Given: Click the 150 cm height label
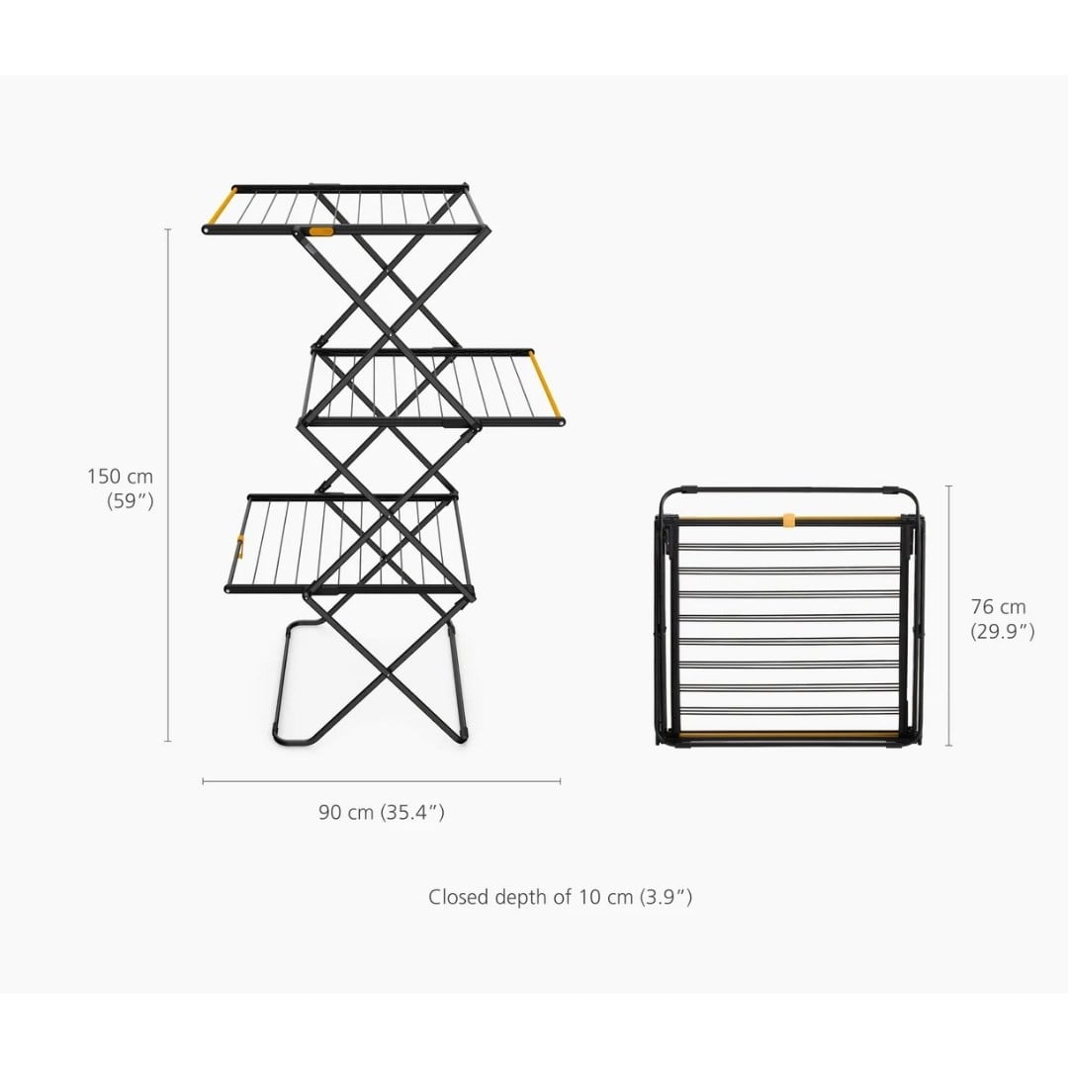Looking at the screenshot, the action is [120, 476].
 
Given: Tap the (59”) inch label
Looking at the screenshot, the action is [131, 500].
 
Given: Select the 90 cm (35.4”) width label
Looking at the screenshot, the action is [382, 812].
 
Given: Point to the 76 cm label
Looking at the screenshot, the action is [998, 606].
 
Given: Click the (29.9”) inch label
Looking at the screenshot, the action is [1002, 631].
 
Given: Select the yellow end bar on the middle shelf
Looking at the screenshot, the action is [545, 385].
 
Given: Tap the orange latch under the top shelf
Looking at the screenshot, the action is [320, 231].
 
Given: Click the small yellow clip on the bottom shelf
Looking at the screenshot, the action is [239, 546].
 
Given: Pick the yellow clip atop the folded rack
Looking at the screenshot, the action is [789, 520].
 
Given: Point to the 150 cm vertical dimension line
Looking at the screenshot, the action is [168, 485].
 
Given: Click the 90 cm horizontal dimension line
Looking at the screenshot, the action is [382, 781].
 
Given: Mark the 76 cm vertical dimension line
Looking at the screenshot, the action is [948, 616].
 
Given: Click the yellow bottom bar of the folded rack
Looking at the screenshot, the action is [789, 736].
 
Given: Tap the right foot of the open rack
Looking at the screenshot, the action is [462, 737].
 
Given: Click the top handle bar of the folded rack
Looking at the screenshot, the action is [789, 489].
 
